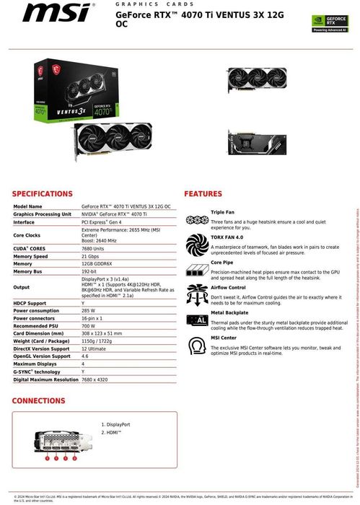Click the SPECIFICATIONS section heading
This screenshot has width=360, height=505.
coord(43,194)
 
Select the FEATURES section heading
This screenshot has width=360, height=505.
coord(203,194)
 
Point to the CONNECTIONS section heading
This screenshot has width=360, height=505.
coord(39,400)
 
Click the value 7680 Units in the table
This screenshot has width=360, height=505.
coord(96,247)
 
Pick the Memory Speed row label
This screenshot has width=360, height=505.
coord(30,256)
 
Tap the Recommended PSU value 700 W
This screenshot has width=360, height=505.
coord(90,325)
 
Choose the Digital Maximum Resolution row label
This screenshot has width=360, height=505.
coord(45,379)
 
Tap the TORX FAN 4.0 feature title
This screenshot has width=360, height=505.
coord(227,237)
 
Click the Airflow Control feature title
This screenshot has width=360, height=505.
coord(229,287)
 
